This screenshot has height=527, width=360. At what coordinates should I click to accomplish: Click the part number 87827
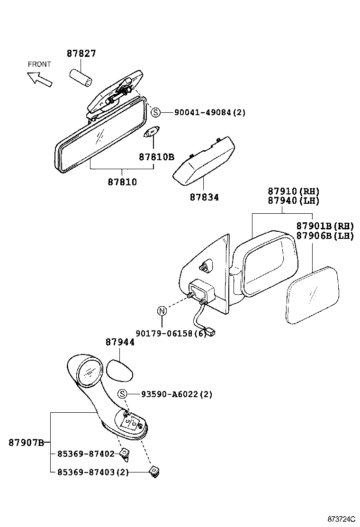click(81, 54)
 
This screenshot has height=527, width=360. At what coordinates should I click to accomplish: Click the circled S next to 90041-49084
click(156, 112)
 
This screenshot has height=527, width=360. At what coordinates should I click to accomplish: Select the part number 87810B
click(156, 157)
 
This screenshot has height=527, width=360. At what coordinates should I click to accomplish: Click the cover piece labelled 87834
click(204, 161)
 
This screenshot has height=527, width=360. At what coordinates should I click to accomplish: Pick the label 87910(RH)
click(294, 191)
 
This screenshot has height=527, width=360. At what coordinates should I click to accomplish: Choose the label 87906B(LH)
click(325, 236)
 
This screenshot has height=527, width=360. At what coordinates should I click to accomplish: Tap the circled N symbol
click(162, 311)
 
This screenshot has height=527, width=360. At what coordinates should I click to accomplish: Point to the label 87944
click(120, 342)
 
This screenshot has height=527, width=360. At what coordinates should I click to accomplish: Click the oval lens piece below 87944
click(118, 370)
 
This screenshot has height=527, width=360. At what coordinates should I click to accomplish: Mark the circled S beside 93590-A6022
click(122, 394)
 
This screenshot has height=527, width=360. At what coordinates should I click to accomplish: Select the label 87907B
click(26, 443)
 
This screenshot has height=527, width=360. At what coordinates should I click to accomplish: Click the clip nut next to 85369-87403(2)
click(153, 471)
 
